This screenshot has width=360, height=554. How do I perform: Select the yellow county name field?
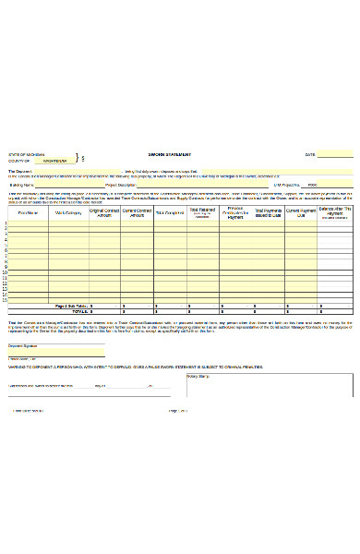click(54, 161)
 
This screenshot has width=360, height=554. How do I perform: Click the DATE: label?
click(310, 154)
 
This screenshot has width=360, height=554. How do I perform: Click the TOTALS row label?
click(78, 312)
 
